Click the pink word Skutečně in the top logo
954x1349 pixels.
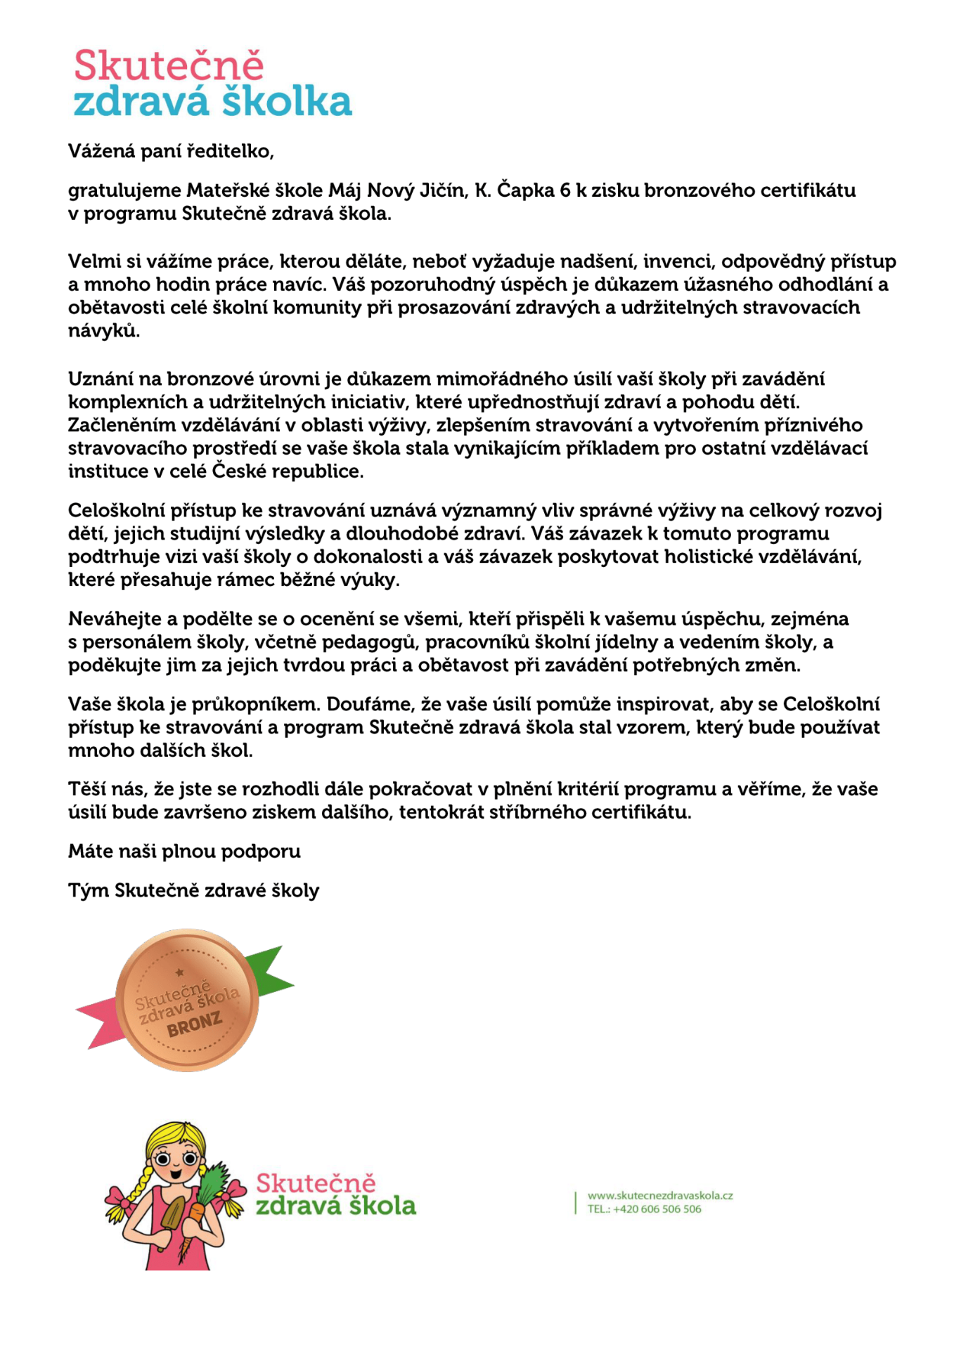pyautogui.click(x=169, y=66)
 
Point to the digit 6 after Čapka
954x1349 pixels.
pyautogui.click(x=565, y=190)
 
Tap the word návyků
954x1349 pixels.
pyautogui.click(x=103, y=330)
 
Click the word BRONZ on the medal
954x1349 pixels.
pyautogui.click(x=195, y=1026)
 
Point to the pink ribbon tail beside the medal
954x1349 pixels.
pyautogui.click(x=98, y=1024)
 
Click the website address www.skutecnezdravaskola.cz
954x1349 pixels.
pyautogui.click(x=659, y=1195)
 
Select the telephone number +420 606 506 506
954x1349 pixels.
pyautogui.click(x=657, y=1209)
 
